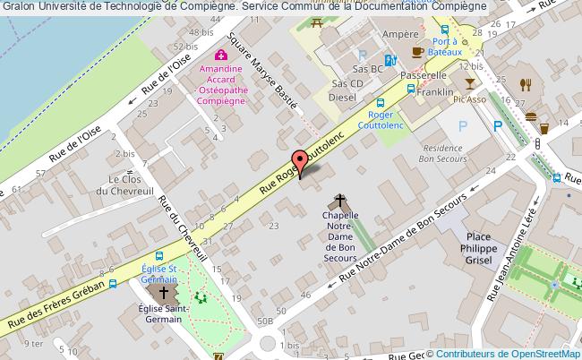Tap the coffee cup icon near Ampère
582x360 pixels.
click(415, 52)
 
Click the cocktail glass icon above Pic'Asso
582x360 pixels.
click(469, 82)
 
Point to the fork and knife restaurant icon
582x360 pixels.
click(526, 84)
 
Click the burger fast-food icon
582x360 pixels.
click(531, 116)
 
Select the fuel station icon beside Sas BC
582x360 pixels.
click(389, 62)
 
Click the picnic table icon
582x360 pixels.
click(317, 21)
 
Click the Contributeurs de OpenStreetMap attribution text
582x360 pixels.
click(508, 353)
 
